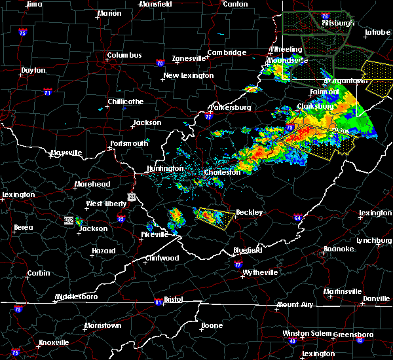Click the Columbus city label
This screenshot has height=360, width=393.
coord(124,56)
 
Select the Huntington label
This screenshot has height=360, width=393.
coord(165,168)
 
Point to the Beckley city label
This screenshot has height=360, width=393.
coord(249,213)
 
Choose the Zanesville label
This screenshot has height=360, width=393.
coord(189,58)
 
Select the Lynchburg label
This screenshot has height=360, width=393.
coord(375,240)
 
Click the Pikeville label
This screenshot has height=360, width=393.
coord(155,234)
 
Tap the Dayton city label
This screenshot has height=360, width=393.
coord(33,70)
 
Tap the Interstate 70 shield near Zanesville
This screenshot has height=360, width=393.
coord(159,63)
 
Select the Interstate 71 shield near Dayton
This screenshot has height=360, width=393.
coord(48,93)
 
